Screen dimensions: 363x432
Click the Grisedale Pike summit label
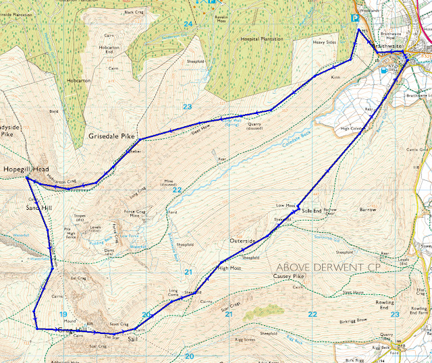[112, 136]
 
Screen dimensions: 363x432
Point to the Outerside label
[244, 241]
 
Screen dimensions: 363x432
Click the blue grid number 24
[188, 24]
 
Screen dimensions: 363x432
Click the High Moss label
[231, 268]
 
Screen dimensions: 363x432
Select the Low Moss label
[286, 205]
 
